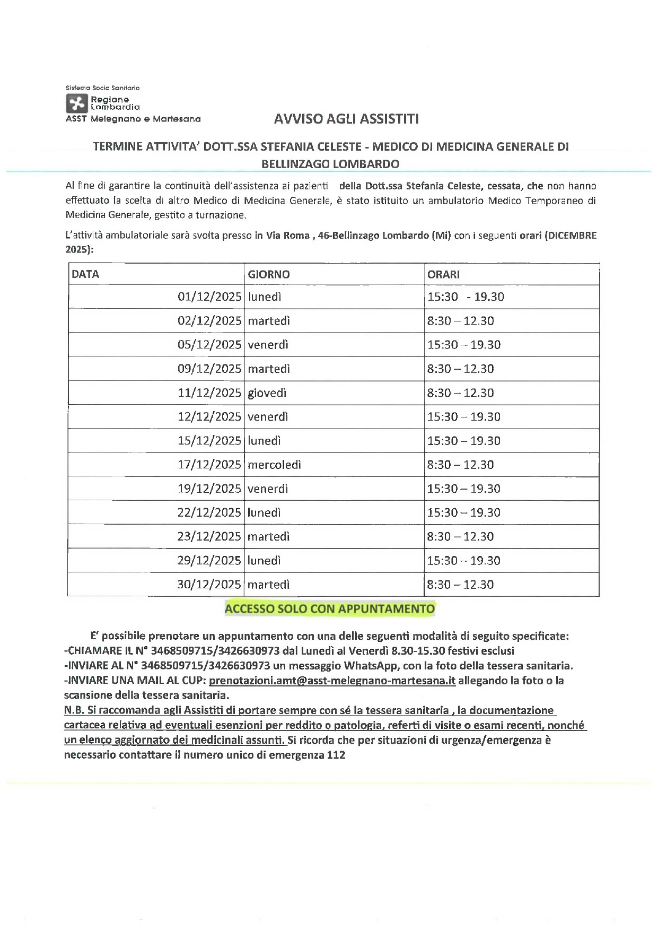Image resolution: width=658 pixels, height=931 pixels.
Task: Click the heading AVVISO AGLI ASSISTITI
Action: click(346, 119)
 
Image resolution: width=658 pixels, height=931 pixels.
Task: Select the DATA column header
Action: click(85, 274)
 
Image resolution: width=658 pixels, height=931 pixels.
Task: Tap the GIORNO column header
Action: click(269, 274)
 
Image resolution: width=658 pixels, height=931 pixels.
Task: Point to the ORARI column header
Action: click(444, 274)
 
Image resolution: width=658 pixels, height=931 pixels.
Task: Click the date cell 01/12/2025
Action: click(209, 297)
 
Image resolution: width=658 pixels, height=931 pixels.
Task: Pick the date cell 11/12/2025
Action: click(209, 393)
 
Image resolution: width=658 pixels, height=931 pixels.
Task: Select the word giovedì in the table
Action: click(267, 393)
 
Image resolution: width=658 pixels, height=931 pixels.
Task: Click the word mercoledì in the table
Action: click(274, 465)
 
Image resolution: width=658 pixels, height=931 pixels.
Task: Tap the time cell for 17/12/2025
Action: click(460, 465)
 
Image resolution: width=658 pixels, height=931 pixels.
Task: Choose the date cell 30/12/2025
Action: click(209, 585)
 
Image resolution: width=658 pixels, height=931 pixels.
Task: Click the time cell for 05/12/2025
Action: click(464, 345)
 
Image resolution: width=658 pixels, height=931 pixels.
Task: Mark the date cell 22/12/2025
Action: click(209, 512)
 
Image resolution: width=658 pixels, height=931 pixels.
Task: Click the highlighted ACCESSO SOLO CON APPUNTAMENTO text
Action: click(329, 608)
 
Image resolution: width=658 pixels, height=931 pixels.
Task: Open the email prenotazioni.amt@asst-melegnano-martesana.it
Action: click(332, 681)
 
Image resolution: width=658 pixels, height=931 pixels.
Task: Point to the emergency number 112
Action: click(336, 755)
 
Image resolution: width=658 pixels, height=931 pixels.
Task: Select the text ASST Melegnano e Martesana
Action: click(133, 119)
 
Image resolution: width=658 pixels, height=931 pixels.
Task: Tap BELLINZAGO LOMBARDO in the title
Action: click(330, 164)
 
